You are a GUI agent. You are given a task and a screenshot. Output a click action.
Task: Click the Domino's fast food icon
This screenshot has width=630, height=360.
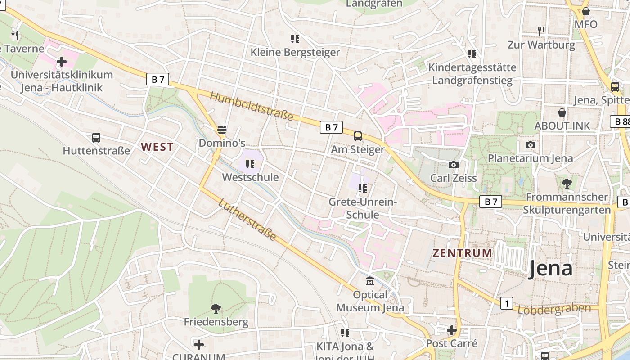pos(221,130)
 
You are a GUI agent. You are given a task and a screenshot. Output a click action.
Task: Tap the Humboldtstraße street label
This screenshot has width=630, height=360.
pos(252,107)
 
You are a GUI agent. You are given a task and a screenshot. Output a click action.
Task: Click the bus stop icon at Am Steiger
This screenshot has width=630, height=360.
pos(358,136)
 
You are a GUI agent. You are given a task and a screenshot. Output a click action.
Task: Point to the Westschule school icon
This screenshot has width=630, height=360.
pos(250,164)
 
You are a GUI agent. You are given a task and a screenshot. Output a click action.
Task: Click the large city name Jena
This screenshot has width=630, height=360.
pos(550,269)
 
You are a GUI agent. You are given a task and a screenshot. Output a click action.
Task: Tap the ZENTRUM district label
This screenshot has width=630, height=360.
pos(462,253)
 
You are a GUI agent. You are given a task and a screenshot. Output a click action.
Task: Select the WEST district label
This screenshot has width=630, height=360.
pos(157,147)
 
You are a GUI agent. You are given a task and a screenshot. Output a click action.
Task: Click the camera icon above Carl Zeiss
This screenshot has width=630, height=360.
pos(454,165)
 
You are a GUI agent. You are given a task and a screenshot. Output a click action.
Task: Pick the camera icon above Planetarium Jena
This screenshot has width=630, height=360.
pos(531,145)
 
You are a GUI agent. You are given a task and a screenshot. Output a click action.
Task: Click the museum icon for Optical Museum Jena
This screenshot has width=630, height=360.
pos(370,282)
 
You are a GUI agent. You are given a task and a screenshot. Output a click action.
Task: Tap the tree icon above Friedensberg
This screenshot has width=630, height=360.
pos(216,308)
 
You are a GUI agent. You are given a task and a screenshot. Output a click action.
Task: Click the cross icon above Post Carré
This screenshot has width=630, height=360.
pos(451,331)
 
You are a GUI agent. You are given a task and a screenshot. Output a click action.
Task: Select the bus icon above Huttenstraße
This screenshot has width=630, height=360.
pos(96,138)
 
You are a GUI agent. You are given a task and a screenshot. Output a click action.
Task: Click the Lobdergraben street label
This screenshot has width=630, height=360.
pos(554,309)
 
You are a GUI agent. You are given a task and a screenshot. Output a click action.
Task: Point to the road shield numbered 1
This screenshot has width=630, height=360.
pos(507,304)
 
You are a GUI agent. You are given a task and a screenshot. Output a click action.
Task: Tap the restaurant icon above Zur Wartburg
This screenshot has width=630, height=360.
pos(541,31)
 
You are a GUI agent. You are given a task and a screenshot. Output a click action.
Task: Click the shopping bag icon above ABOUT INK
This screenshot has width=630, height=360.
pos(562,112)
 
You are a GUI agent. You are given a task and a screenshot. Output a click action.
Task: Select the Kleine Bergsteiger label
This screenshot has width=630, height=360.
pos(295,52)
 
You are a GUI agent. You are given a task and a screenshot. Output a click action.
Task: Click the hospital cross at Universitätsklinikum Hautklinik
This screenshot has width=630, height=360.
pos(62,61)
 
